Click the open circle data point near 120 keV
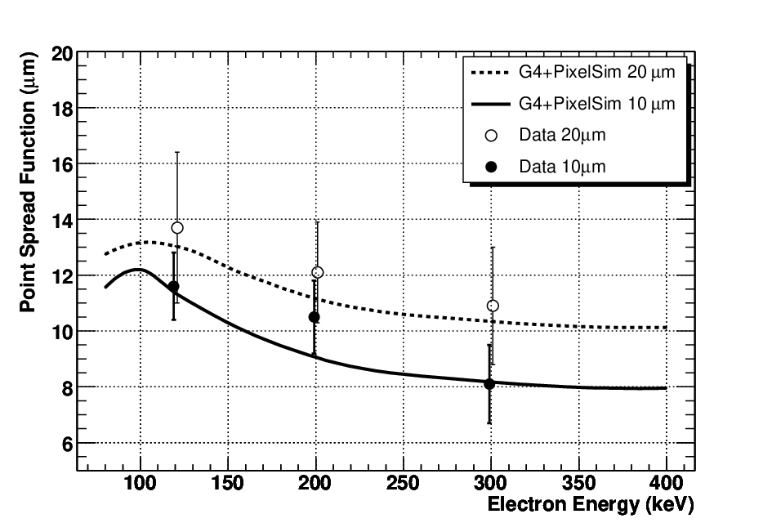pos(177,227)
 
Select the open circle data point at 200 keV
pos(318,272)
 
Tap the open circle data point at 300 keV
pos(493,306)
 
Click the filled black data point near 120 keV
pos(173,286)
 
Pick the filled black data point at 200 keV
pos(315,317)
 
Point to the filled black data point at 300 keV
pos(489,384)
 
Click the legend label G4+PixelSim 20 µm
pos(596,73)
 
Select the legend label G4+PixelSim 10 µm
pos(596,104)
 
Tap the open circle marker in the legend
pos(491,136)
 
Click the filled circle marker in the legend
pos(491,167)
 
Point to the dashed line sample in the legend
pos(490,73)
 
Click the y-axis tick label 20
pos(62,54)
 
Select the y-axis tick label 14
pos(62,221)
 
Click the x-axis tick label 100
pos(140,483)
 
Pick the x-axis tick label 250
pos(403,483)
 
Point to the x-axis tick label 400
pos(666,483)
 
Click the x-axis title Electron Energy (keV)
pos(591,505)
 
